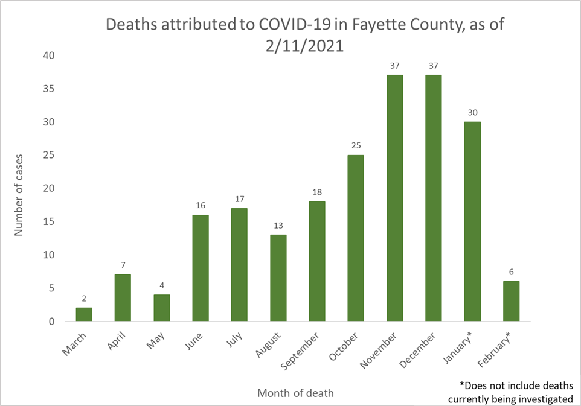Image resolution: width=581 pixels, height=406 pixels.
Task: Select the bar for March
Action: [x=84, y=314]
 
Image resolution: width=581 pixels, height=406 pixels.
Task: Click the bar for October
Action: [x=356, y=238]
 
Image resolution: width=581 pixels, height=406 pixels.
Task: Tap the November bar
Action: [x=394, y=198]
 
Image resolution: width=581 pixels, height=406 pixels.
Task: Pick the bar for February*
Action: [x=511, y=301]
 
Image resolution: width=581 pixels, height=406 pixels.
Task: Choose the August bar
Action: [x=278, y=278]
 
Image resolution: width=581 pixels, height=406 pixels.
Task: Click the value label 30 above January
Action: [x=472, y=113]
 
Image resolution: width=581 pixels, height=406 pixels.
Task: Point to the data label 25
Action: [x=356, y=146]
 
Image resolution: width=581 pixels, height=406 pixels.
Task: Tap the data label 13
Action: [x=278, y=226]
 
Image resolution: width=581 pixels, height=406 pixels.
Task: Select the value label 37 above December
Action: [x=434, y=66]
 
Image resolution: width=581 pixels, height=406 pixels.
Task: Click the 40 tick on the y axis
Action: [x=48, y=56]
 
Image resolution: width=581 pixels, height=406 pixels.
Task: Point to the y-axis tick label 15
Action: [x=48, y=222]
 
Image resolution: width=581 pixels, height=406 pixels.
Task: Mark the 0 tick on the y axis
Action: [x=51, y=322]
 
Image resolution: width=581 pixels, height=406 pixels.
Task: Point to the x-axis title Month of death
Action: [x=295, y=393]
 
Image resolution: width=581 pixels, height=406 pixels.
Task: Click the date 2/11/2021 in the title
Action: [x=304, y=46]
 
